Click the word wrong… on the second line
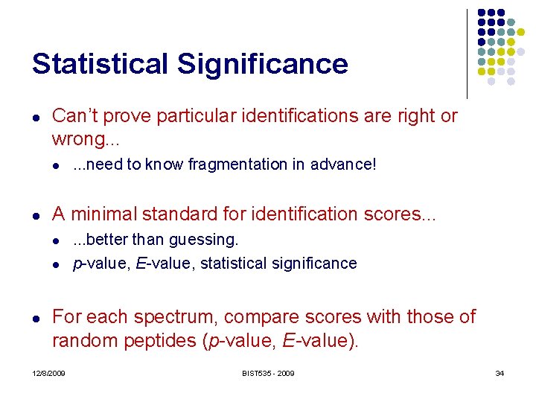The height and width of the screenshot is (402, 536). (81, 139)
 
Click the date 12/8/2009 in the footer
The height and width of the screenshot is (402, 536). (48, 373)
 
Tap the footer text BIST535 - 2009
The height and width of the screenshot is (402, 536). (267, 373)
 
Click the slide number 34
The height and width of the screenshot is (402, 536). (500, 373)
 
